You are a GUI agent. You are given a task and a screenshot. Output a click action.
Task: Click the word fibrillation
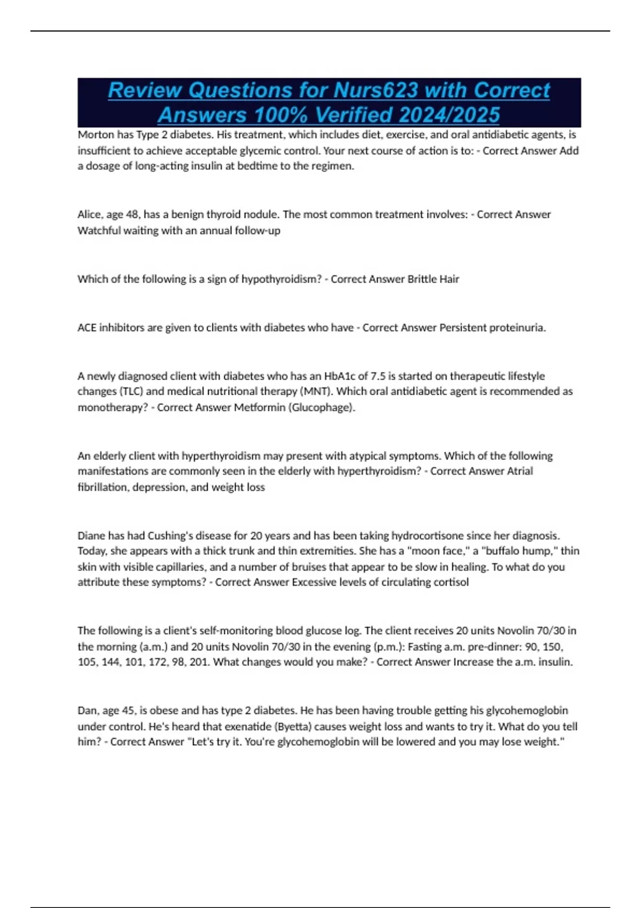(x=103, y=488)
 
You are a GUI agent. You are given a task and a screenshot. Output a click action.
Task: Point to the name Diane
(x=91, y=536)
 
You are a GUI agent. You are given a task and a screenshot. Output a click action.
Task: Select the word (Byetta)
(x=288, y=727)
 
